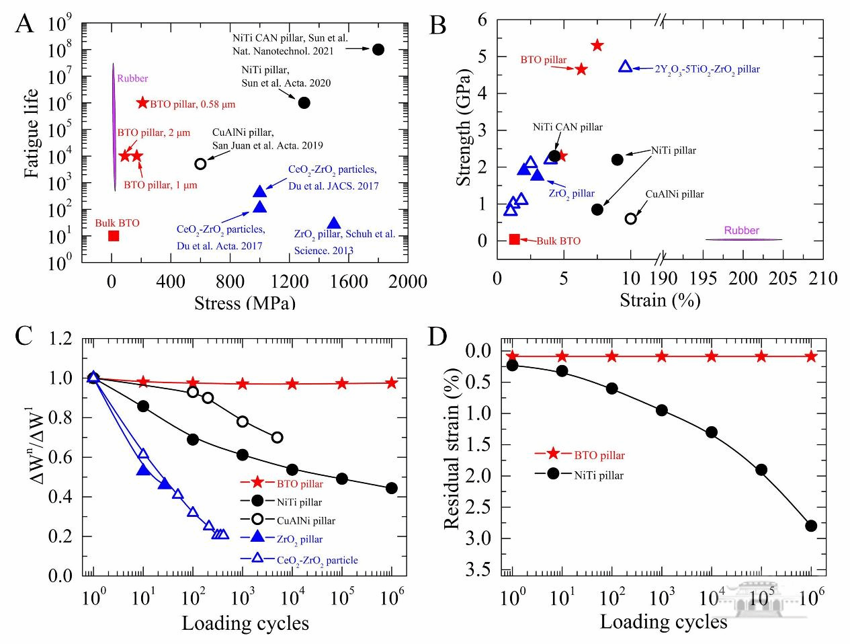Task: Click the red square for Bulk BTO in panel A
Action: tap(114, 235)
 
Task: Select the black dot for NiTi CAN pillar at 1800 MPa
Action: tap(378, 49)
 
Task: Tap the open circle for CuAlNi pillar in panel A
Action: tap(200, 163)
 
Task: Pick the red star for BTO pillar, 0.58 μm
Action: tap(142, 103)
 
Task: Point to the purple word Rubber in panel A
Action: tap(132, 79)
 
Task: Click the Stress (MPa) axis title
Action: tap(245, 302)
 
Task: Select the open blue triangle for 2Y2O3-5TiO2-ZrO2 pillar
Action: tap(625, 67)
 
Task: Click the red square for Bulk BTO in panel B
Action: tap(515, 239)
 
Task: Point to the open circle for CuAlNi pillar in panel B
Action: tap(630, 218)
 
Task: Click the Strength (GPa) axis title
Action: tap(463, 127)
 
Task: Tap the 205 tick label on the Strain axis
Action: tap(783, 278)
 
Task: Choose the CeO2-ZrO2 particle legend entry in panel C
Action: tap(317, 560)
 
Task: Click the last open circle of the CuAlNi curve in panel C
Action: tap(277, 438)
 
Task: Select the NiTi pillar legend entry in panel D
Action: tap(599, 475)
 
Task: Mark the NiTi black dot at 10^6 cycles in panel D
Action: tap(811, 526)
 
